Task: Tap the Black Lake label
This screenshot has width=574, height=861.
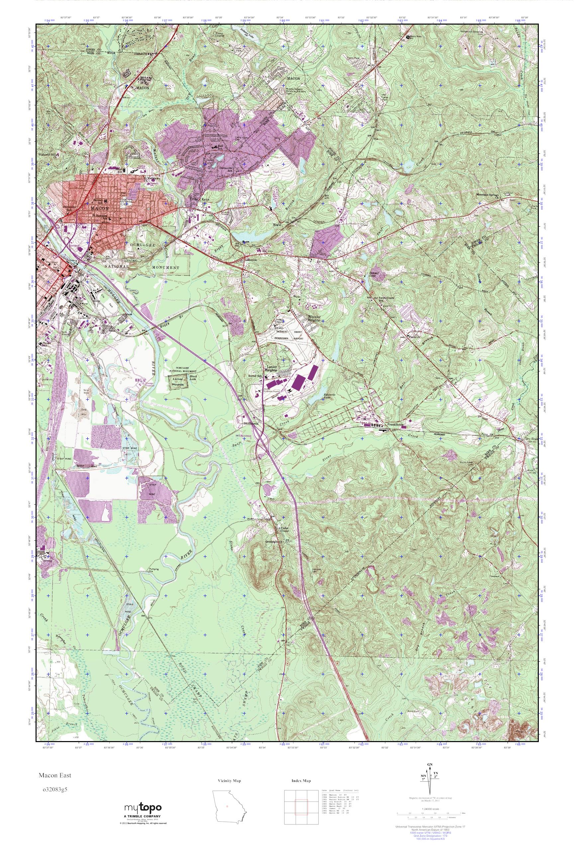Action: pyautogui.click(x=193, y=378)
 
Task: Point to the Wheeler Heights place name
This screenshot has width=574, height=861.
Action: pyautogui.click(x=314, y=318)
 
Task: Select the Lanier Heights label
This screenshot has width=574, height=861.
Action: pyautogui.click(x=271, y=368)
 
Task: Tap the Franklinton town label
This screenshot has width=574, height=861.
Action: pyautogui.click(x=395, y=425)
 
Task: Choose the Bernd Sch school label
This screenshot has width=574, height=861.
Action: pyautogui.click(x=255, y=376)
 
